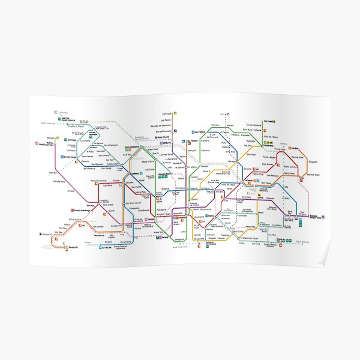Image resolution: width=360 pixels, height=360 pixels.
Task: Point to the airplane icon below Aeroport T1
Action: pyautogui.click(x=42, y=233)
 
